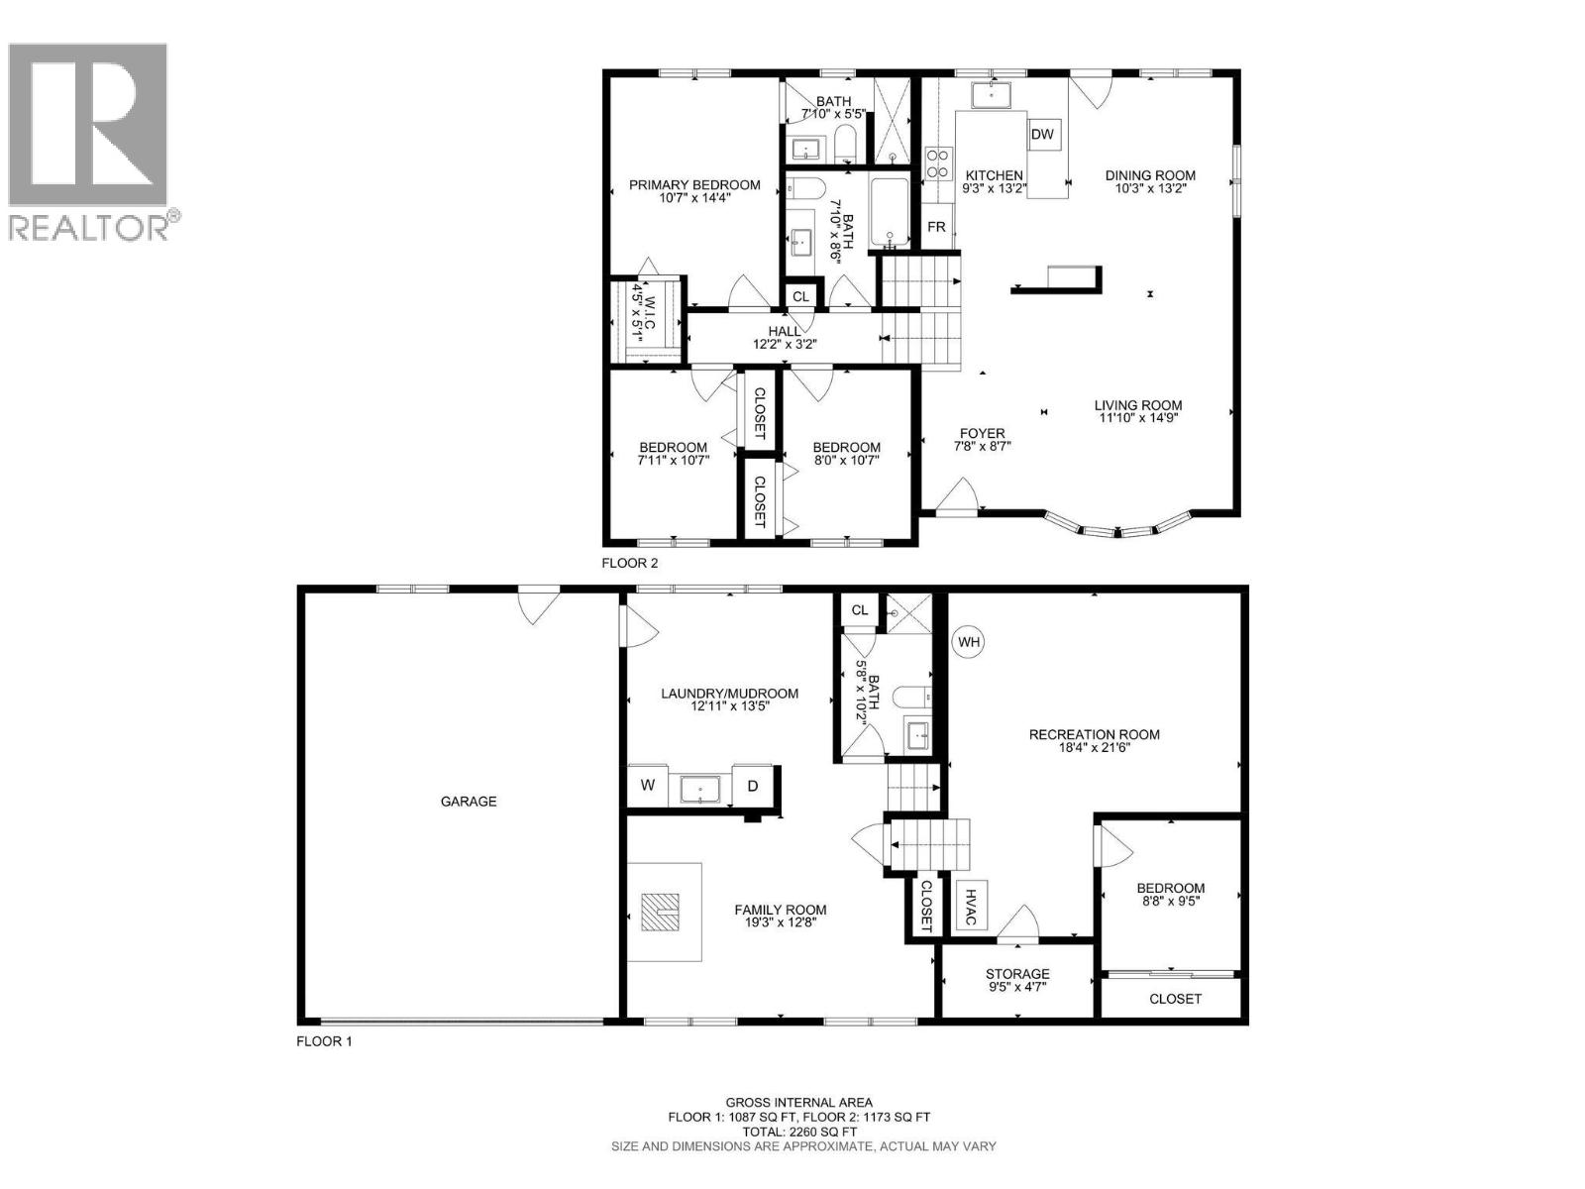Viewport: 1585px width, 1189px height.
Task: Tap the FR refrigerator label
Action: pyautogui.click(x=936, y=228)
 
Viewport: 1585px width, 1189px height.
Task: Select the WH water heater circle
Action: pyautogui.click(x=969, y=642)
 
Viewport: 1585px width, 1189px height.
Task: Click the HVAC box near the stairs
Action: pyautogui.click(x=971, y=904)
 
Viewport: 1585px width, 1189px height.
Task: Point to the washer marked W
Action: pyautogui.click(x=648, y=786)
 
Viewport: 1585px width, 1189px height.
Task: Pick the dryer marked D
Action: pyautogui.click(x=753, y=786)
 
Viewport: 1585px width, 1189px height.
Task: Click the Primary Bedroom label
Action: pyautogui.click(x=694, y=185)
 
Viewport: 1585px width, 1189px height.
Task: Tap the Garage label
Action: pyautogui.click(x=469, y=801)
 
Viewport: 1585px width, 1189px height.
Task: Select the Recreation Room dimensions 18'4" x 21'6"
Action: pyautogui.click(x=1094, y=748)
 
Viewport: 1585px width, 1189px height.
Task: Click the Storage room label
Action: pyautogui.click(x=1017, y=974)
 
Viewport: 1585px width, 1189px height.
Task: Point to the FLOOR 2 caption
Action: pyautogui.click(x=630, y=563)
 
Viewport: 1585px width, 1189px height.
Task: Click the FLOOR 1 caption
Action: pyautogui.click(x=324, y=1041)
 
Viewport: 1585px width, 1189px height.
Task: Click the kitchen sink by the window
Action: pyautogui.click(x=990, y=95)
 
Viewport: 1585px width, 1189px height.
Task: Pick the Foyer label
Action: pyautogui.click(x=982, y=433)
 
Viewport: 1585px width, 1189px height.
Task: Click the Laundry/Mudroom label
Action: pyautogui.click(x=729, y=694)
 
